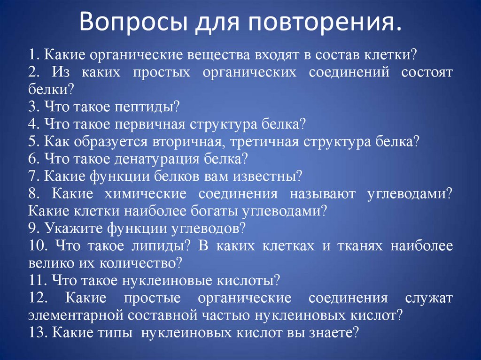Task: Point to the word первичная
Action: [x=147, y=124]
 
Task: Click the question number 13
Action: [x=36, y=332]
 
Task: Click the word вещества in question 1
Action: [x=214, y=54]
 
